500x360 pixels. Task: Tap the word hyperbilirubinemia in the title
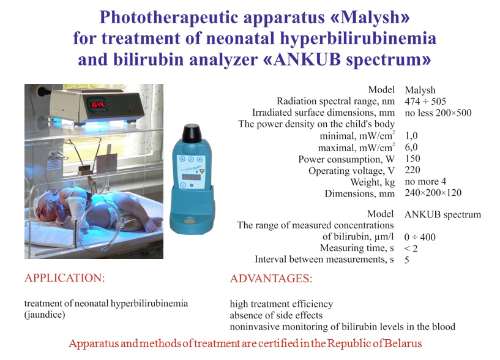(x=358, y=39)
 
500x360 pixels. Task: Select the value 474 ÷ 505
(x=425, y=102)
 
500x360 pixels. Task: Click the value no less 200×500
(x=438, y=113)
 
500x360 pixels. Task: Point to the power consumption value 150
(x=412, y=159)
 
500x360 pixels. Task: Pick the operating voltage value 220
(x=412, y=170)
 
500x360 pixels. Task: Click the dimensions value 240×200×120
(x=433, y=193)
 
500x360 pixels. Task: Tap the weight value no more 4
(x=425, y=182)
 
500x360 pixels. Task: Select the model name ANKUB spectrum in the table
(x=442, y=214)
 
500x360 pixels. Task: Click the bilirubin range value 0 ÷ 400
(x=420, y=237)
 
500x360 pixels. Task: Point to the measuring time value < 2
(x=411, y=249)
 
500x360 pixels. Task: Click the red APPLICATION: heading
(x=65, y=278)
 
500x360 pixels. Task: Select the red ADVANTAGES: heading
(x=271, y=279)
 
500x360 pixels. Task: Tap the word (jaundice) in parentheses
(x=45, y=315)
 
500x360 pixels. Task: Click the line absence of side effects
(x=276, y=315)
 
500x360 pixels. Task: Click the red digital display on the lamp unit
(x=97, y=104)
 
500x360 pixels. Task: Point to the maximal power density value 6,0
(x=411, y=147)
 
